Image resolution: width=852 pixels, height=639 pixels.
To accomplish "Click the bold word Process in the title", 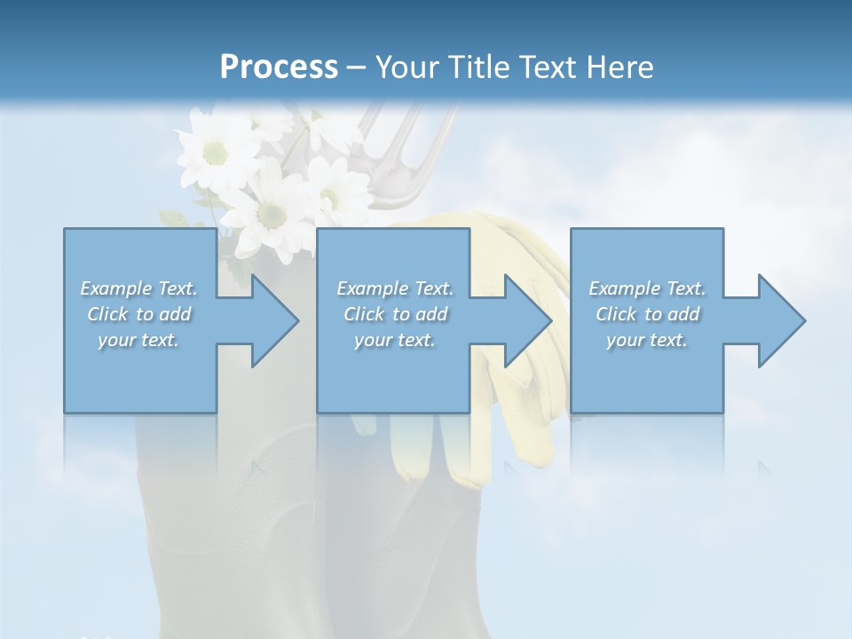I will click(x=279, y=67).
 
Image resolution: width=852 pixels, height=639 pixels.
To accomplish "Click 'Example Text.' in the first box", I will click(x=139, y=288).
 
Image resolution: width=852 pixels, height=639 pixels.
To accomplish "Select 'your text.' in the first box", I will click(x=139, y=340).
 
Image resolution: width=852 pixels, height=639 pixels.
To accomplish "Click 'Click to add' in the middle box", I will click(x=394, y=314).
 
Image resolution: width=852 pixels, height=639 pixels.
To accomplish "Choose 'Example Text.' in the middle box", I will click(x=394, y=288).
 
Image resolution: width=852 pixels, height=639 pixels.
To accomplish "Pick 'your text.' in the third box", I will click(x=647, y=340).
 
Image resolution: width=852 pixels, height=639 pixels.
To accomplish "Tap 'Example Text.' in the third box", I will click(x=647, y=288).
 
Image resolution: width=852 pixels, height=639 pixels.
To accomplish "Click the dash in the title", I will click(x=357, y=67).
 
